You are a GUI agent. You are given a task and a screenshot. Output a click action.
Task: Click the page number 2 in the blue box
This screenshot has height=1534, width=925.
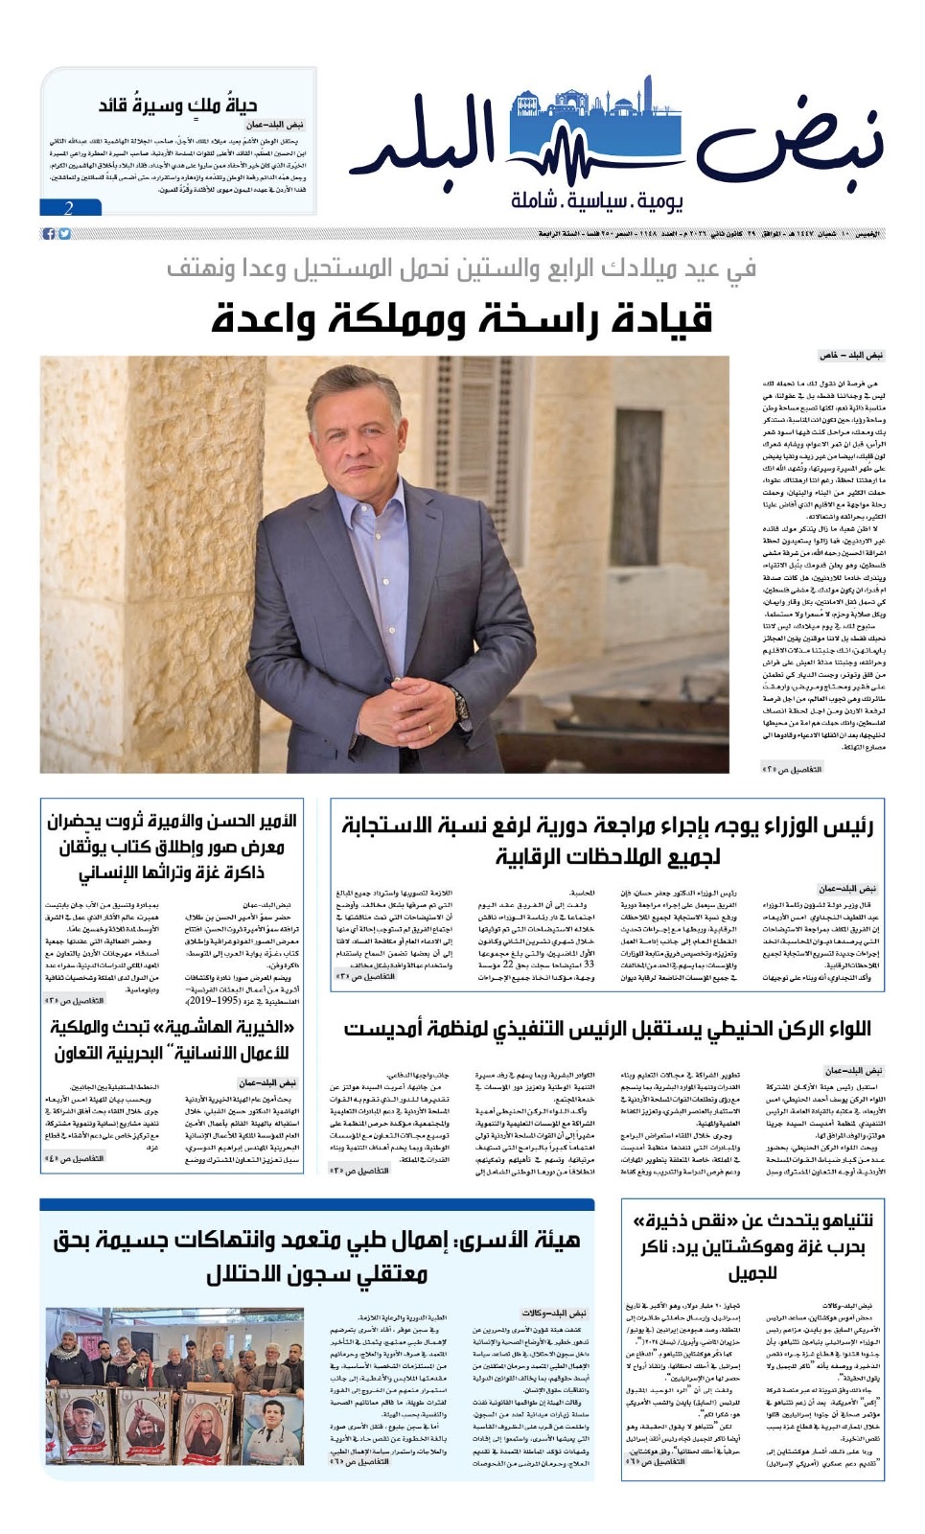[x=69, y=208]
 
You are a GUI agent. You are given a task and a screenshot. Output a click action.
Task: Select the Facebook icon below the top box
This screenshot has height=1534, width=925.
[x=49, y=234]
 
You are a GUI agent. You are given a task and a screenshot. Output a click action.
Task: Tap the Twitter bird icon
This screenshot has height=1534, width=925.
[x=64, y=234]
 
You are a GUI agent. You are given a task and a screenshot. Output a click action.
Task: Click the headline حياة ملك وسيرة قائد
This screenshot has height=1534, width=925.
[x=177, y=105]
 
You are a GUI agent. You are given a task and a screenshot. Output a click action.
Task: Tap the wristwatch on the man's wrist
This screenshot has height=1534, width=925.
[x=461, y=704]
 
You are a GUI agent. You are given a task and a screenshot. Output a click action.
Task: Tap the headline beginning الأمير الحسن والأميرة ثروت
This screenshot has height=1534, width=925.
[x=172, y=847]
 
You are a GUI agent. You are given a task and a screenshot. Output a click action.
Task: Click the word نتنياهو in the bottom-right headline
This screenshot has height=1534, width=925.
[x=834, y=1221]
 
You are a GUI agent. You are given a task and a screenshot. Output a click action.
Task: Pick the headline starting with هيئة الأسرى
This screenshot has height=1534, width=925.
[x=316, y=1256]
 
